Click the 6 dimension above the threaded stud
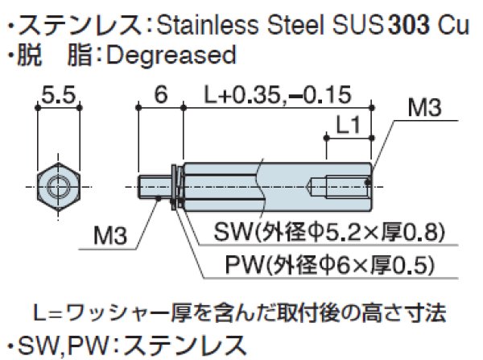click(x=160, y=96)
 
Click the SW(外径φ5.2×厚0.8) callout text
click(x=329, y=234)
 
